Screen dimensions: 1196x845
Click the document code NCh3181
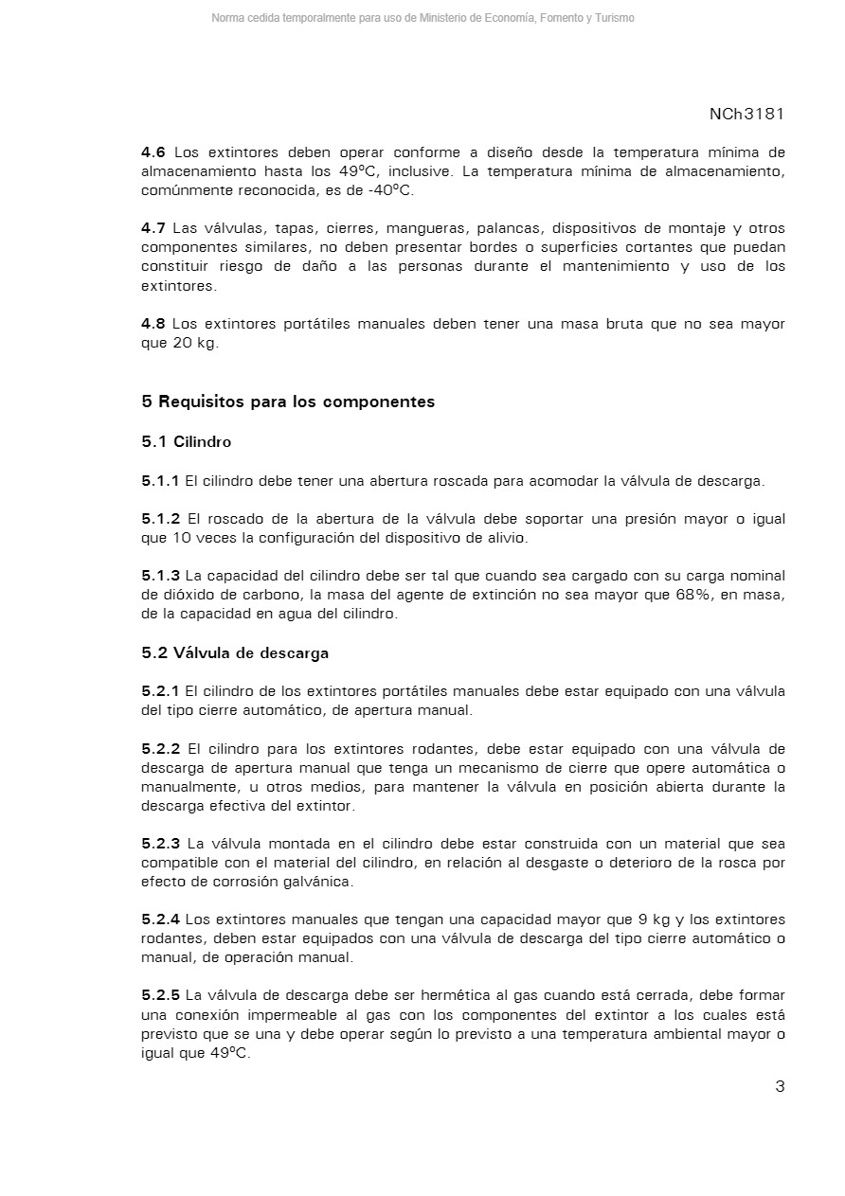point(746,114)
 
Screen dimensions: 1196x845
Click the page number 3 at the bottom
point(780,1086)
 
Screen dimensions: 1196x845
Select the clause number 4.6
point(153,152)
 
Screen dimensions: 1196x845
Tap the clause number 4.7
point(153,228)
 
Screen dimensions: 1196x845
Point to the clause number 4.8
point(153,324)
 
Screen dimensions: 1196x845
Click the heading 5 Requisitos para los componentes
point(288,402)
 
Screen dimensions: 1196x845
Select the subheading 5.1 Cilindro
point(186,441)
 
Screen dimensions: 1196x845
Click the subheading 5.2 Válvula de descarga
point(235,653)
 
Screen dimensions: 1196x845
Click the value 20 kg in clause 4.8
point(193,343)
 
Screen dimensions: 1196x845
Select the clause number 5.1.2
point(160,519)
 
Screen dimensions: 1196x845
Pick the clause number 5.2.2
point(160,749)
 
